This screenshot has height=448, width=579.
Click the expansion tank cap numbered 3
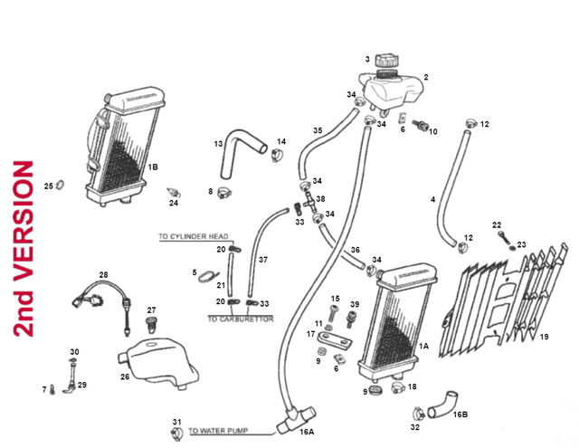387,61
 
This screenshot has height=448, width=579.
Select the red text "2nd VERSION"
24,249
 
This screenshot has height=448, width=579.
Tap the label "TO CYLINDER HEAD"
194,236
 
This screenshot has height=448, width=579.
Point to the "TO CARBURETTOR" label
241,319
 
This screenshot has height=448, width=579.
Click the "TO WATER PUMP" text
218,431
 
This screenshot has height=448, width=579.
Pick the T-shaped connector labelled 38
308,201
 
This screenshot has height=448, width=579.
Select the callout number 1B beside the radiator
153,167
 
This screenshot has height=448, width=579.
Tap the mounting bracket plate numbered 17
335,340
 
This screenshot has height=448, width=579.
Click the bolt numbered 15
334,313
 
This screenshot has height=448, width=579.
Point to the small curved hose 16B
442,405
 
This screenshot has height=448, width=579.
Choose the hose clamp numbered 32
418,413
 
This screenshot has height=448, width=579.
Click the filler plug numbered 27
151,325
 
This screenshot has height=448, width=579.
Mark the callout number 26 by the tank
125,377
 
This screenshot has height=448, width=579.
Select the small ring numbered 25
61,184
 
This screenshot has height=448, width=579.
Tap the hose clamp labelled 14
278,155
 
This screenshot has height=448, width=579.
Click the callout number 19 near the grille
544,337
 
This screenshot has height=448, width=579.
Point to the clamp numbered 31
177,434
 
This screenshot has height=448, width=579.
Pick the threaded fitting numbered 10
420,125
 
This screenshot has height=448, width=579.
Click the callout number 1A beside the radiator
423,346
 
